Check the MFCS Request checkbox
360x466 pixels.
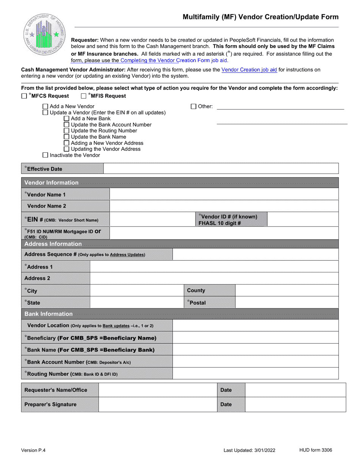pyautogui.click(x=24, y=96)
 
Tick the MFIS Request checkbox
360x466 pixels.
pyautogui.click(x=84, y=96)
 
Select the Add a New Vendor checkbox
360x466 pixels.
pyautogui.click(x=45, y=107)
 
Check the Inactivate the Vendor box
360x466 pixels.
pyautogui.click(x=45, y=155)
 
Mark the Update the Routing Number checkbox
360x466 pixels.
pyautogui.click(x=67, y=131)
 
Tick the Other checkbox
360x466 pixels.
pyautogui.click(x=193, y=107)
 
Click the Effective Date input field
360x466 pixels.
pyautogui.click(x=221, y=169)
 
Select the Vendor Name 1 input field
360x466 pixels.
pyautogui.click(x=224, y=195)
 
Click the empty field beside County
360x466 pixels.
pyautogui.click(x=286, y=291)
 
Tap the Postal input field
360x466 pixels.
pyautogui.click(x=286, y=303)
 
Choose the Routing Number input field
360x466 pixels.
pyautogui.click(x=255, y=374)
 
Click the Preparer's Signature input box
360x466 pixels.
pyautogui.click(x=157, y=405)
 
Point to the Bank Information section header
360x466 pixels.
pyautogui.click(x=49, y=314)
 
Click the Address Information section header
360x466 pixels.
pyautogui.click(x=53, y=244)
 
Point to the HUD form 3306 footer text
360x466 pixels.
pyautogui.click(x=316, y=450)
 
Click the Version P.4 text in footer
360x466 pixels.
pyautogui.click(x=33, y=450)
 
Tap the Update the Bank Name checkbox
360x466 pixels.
pyautogui.click(x=67, y=137)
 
